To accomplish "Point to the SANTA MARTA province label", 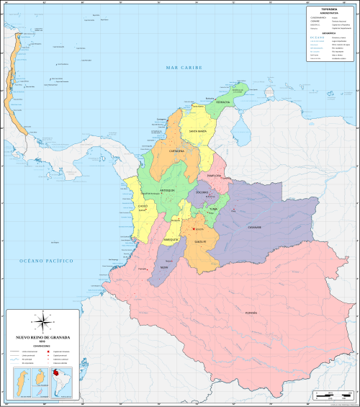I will coord(198,132).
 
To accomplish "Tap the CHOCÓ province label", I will coord(142,206).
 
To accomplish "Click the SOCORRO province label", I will coord(202,192).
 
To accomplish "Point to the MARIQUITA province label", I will coord(171,238).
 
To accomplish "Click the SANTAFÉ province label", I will coord(199,241).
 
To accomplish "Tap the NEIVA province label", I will coord(164,267).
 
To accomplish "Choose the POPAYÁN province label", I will coord(251,313).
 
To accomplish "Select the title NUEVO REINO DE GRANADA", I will coord(41,336).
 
